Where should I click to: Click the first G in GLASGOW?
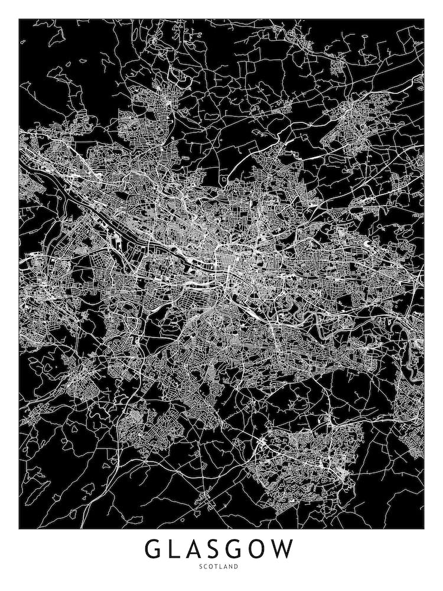(155, 549)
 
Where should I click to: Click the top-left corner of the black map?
(19, 20)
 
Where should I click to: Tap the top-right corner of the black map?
(424, 20)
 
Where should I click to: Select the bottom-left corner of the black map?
(19, 528)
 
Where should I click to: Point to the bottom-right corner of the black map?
(424, 528)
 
